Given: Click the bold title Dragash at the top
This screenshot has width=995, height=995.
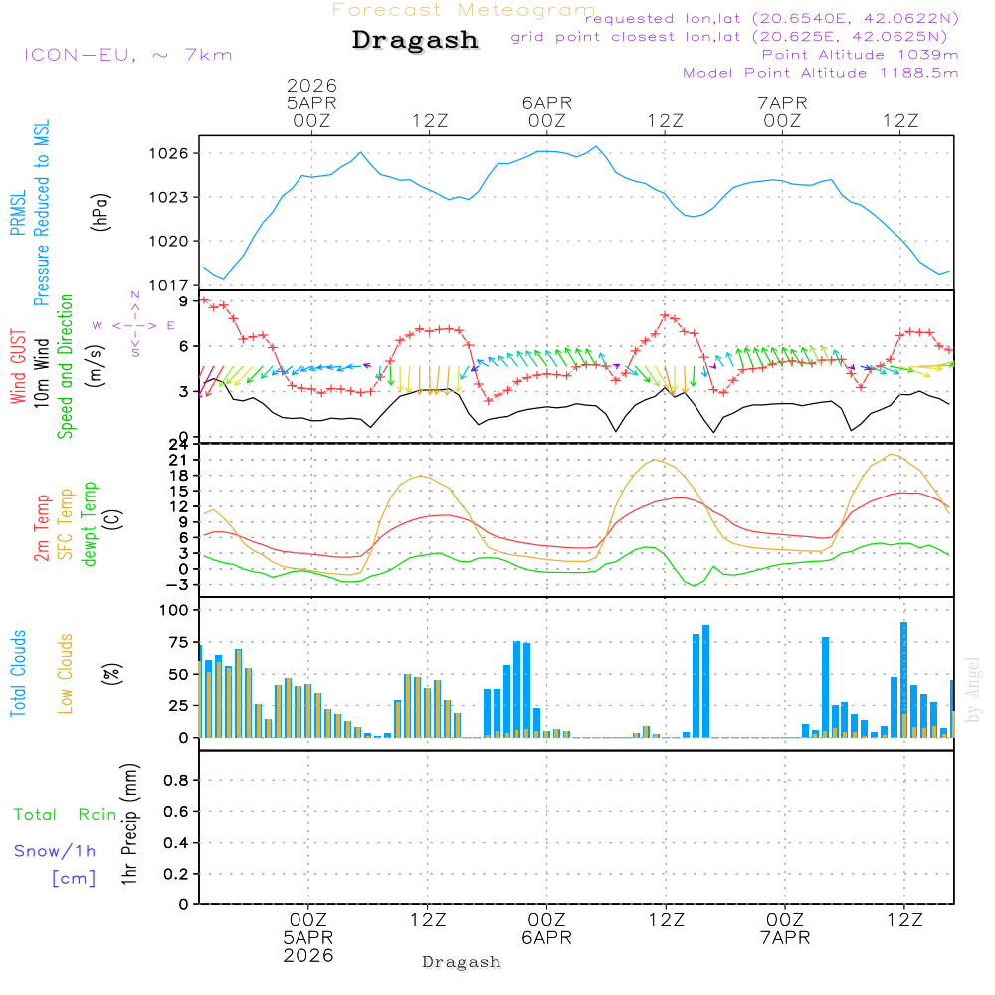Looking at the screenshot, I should (415, 41).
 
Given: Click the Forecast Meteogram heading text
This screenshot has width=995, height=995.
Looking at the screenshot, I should (464, 10).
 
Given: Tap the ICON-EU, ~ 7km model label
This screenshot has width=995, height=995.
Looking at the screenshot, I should (127, 55).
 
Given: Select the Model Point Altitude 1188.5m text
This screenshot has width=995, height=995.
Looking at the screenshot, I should (821, 73).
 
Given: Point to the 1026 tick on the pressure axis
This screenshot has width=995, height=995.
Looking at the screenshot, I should (170, 153).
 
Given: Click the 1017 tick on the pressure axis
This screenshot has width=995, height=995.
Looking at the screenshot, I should (170, 285).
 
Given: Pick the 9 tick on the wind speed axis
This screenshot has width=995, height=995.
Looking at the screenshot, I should (184, 300).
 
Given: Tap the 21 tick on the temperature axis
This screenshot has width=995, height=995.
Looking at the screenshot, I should (180, 460).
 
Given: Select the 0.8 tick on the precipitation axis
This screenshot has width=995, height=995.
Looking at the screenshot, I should (176, 780).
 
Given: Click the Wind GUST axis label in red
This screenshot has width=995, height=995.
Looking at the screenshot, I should (19, 366).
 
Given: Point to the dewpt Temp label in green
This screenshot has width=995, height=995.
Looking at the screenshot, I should (91, 524).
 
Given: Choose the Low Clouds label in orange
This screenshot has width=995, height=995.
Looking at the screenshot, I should (67, 674).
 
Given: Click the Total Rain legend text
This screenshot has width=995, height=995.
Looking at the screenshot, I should (65, 815).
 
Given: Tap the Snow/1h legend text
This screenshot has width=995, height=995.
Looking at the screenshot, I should (55, 851).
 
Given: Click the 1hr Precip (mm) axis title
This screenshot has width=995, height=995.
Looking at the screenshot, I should (128, 826).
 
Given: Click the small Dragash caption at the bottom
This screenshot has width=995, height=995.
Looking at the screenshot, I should (462, 962).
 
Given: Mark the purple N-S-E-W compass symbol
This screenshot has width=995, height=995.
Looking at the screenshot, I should (134, 324).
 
